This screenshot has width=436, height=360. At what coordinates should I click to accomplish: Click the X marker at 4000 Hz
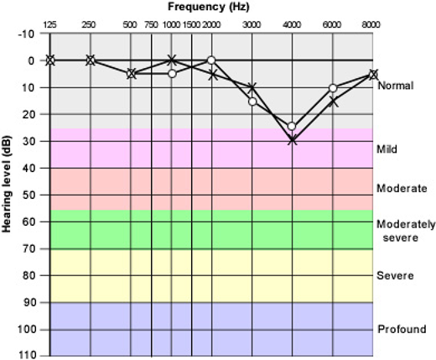pyautogui.click(x=292, y=140)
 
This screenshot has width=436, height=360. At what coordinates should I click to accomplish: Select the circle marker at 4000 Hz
pyautogui.click(x=292, y=127)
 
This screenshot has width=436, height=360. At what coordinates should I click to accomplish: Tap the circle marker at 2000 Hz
pyautogui.click(x=211, y=60)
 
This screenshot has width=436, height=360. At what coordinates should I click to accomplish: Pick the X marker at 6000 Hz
pyautogui.click(x=333, y=101)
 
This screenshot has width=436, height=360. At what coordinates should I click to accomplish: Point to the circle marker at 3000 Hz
pyautogui.click(x=252, y=102)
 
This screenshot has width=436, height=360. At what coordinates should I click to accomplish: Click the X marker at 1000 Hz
pyautogui.click(x=172, y=60)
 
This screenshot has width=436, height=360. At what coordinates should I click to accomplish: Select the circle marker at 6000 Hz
pyautogui.click(x=333, y=87)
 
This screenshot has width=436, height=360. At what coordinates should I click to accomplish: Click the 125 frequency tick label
pyautogui.click(x=50, y=25)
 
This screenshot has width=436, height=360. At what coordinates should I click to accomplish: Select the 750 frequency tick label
pyautogui.click(x=151, y=25)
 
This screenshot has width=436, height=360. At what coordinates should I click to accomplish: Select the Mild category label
pyautogui.click(x=387, y=149)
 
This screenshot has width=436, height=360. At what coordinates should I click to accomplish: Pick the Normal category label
pyautogui.click(x=394, y=86)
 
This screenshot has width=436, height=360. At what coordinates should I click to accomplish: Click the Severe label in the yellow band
pyautogui.click(x=394, y=276)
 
